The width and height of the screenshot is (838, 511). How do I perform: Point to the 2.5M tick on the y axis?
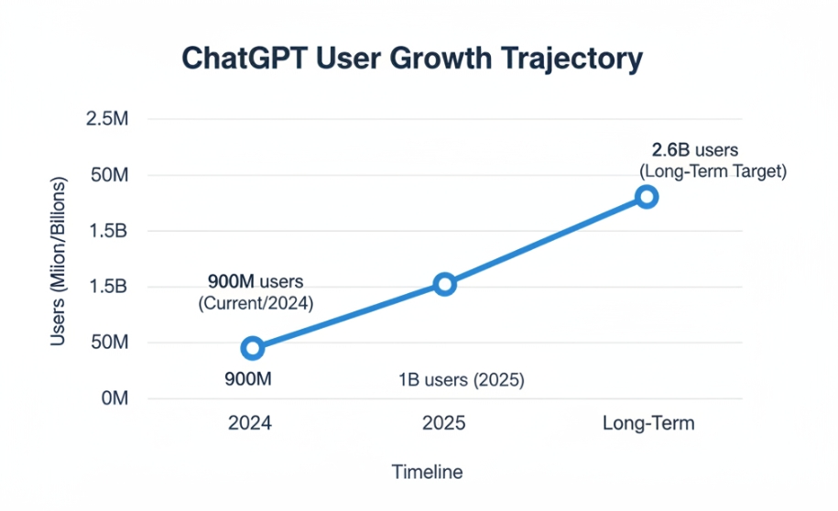click(x=107, y=119)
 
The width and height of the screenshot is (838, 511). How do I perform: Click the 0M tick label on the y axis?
click(x=114, y=399)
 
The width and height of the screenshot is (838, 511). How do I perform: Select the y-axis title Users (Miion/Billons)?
click(x=59, y=258)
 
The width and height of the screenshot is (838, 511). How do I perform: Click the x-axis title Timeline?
click(x=427, y=473)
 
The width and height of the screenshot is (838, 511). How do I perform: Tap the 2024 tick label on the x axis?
click(x=249, y=424)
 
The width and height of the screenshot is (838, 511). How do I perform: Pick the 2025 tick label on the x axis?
click(x=443, y=424)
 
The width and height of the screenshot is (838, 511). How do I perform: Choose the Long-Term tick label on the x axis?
click(x=648, y=424)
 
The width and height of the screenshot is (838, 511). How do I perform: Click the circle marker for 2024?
click(x=253, y=348)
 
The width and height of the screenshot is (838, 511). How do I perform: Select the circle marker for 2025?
click(x=444, y=284)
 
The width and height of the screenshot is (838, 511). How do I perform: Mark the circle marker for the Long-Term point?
click(x=647, y=197)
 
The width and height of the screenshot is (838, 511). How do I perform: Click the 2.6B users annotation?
click(x=694, y=150)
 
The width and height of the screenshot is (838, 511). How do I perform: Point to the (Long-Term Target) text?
click(x=712, y=171)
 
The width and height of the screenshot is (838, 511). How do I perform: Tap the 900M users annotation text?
click(x=256, y=281)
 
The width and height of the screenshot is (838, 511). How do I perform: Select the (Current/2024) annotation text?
click(x=256, y=303)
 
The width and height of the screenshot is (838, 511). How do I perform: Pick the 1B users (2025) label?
click(x=461, y=380)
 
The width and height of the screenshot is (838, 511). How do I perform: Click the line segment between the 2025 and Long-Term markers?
click(x=546, y=241)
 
